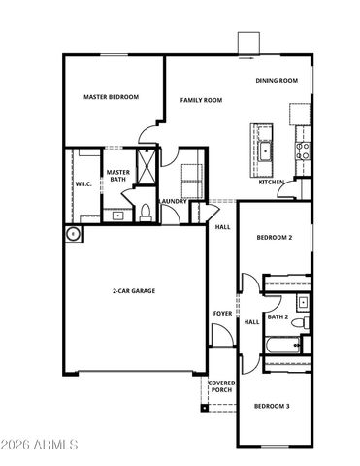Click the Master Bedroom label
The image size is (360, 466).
110,97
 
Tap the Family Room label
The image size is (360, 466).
201,100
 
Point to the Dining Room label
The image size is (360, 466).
276,81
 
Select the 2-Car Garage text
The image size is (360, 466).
134,290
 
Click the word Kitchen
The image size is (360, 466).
271,182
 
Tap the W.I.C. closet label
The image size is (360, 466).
82,184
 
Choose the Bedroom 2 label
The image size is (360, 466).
275,238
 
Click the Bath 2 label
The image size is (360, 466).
278,317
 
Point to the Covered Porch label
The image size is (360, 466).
222,386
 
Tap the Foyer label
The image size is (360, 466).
222,314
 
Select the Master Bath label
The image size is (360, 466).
117,175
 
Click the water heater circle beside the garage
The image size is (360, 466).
73,234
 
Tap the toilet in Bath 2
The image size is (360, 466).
303,322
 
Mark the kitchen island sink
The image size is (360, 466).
265,150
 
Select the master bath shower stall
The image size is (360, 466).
147,164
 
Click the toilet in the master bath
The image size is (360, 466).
143,212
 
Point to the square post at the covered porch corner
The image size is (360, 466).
205,408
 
